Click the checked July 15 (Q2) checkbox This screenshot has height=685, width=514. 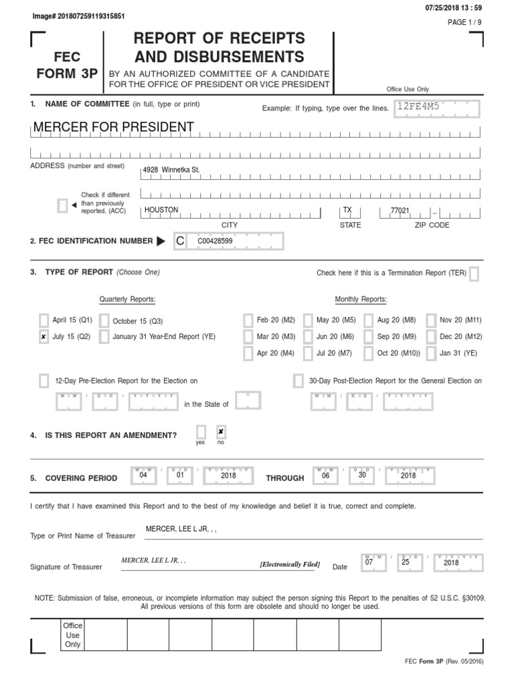tap(44, 336)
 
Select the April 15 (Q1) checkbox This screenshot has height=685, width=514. tap(44, 320)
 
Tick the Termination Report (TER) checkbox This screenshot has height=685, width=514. tap(474, 273)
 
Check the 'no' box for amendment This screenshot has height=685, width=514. tap(221, 432)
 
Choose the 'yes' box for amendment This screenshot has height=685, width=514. tap(201, 432)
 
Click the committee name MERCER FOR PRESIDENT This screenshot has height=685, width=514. tap(114, 127)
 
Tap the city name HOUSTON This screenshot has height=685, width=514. tap(162, 210)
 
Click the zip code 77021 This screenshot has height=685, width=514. tap(400, 211)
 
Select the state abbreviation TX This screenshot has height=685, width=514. tap(347, 210)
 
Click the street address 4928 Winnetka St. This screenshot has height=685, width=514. tap(171, 171)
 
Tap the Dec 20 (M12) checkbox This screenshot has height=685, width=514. tap(432, 336)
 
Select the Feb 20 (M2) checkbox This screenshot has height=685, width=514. tap(248, 320)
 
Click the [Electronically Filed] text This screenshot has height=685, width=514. tap(290, 565)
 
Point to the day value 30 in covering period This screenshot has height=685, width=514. tap(361, 475)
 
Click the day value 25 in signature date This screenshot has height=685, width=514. tap(405, 563)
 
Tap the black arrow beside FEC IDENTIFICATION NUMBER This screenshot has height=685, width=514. tap(161, 241)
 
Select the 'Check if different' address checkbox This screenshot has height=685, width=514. tap(62, 205)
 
